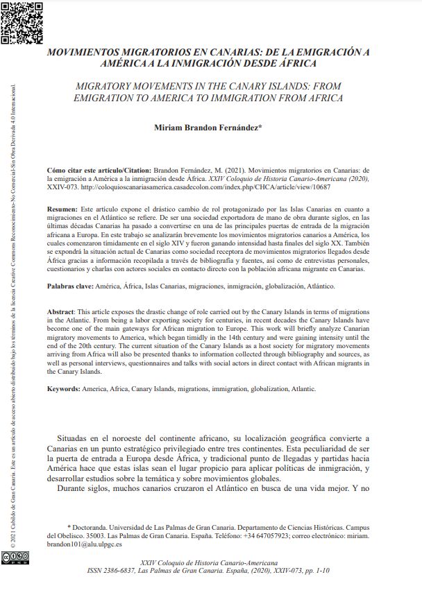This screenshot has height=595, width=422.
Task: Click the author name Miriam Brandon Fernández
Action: point(207,128)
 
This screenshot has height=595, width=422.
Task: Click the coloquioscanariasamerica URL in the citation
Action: point(201,187)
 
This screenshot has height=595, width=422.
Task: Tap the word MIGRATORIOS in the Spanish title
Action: point(153,53)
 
